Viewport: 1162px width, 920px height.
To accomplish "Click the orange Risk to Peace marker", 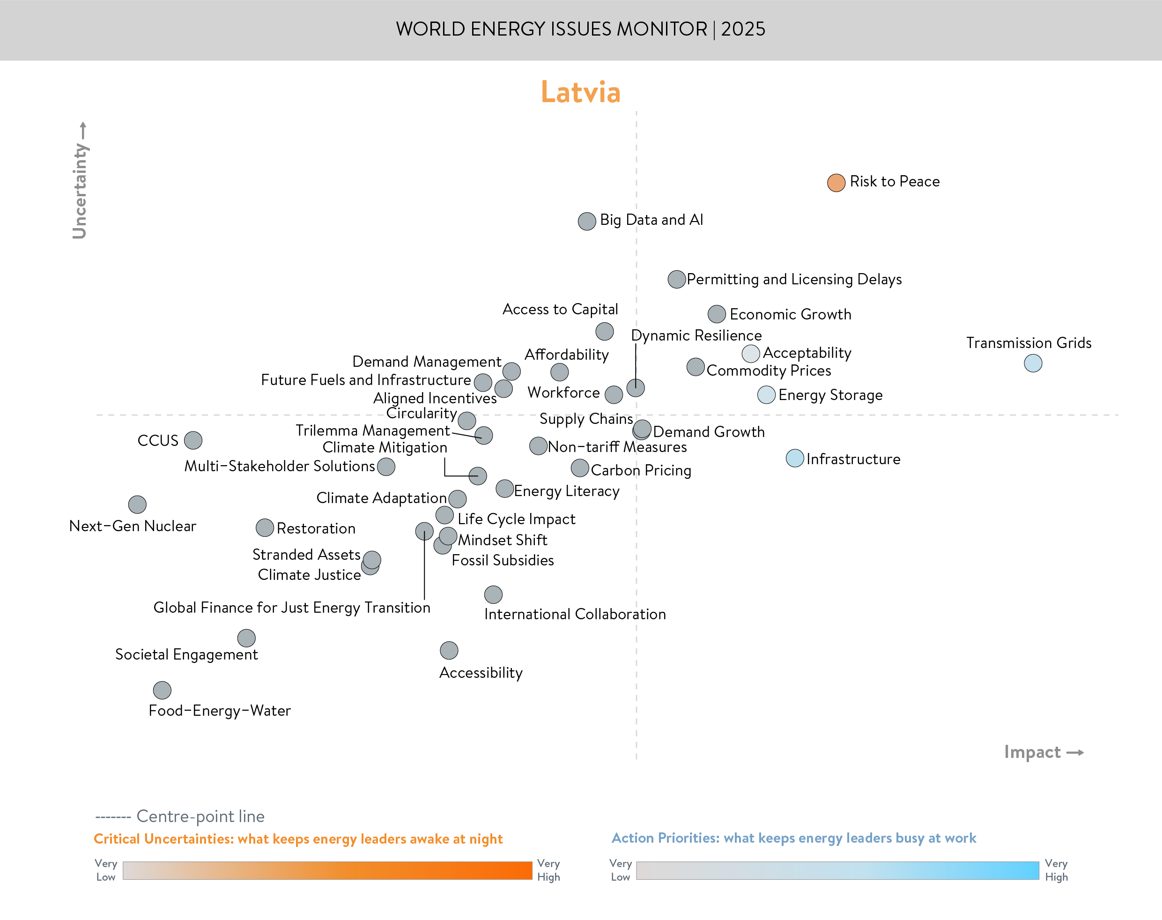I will pyautogui.click(x=836, y=183).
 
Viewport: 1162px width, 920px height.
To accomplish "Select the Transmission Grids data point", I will pyautogui.click(x=1032, y=363).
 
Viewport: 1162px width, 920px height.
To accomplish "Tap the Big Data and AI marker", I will pyautogui.click(x=586, y=221).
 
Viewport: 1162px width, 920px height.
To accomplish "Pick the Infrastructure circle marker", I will pyautogui.click(x=794, y=459).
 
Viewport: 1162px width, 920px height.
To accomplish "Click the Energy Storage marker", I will pyautogui.click(x=766, y=395).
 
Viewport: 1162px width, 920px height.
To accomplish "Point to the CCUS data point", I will pyautogui.click(x=193, y=440).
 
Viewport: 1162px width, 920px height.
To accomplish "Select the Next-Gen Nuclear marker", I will pyautogui.click(x=137, y=504).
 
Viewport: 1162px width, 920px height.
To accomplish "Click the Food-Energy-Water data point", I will pyautogui.click(x=162, y=690).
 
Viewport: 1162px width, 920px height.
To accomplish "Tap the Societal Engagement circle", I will pyautogui.click(x=246, y=638).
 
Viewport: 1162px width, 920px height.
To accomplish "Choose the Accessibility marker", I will pyautogui.click(x=449, y=650).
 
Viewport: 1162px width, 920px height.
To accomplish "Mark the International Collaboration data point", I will pyautogui.click(x=493, y=594).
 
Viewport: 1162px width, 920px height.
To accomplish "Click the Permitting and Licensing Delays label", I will pyautogui.click(x=794, y=280).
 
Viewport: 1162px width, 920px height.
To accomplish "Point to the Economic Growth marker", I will pyautogui.click(x=716, y=314).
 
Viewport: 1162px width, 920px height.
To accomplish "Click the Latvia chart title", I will pyautogui.click(x=580, y=92).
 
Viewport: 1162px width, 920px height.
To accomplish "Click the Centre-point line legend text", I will pyautogui.click(x=200, y=816).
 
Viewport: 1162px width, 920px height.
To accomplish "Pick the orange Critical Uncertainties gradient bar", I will pyautogui.click(x=327, y=870).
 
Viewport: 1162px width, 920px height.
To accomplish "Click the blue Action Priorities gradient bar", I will pyautogui.click(x=837, y=870).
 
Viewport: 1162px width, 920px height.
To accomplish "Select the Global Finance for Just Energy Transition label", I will pyautogui.click(x=292, y=608).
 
